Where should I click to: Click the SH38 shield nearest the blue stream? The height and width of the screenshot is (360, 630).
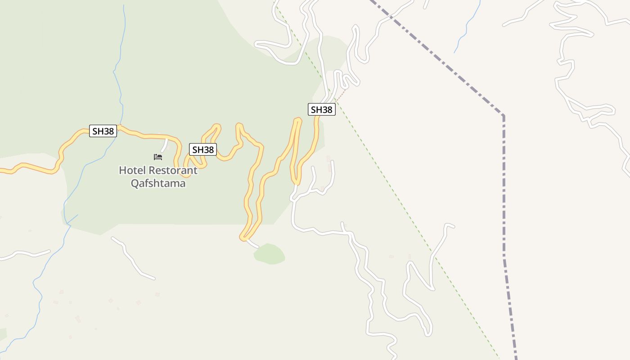[x=103, y=131]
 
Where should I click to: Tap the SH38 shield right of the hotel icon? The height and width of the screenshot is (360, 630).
[x=203, y=149]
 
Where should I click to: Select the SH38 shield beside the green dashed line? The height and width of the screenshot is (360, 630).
[x=322, y=109]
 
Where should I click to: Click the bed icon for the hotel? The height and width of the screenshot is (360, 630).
[x=158, y=157]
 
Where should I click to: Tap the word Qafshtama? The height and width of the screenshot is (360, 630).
[x=158, y=183]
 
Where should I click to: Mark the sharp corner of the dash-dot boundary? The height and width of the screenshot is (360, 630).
[x=503, y=116]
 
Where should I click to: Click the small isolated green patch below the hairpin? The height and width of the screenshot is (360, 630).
[x=269, y=254]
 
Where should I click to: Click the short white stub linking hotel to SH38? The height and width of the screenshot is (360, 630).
[x=165, y=145]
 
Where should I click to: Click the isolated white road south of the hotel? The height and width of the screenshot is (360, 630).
[x=132, y=260]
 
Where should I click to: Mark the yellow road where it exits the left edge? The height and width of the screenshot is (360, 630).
[x=2, y=170]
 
